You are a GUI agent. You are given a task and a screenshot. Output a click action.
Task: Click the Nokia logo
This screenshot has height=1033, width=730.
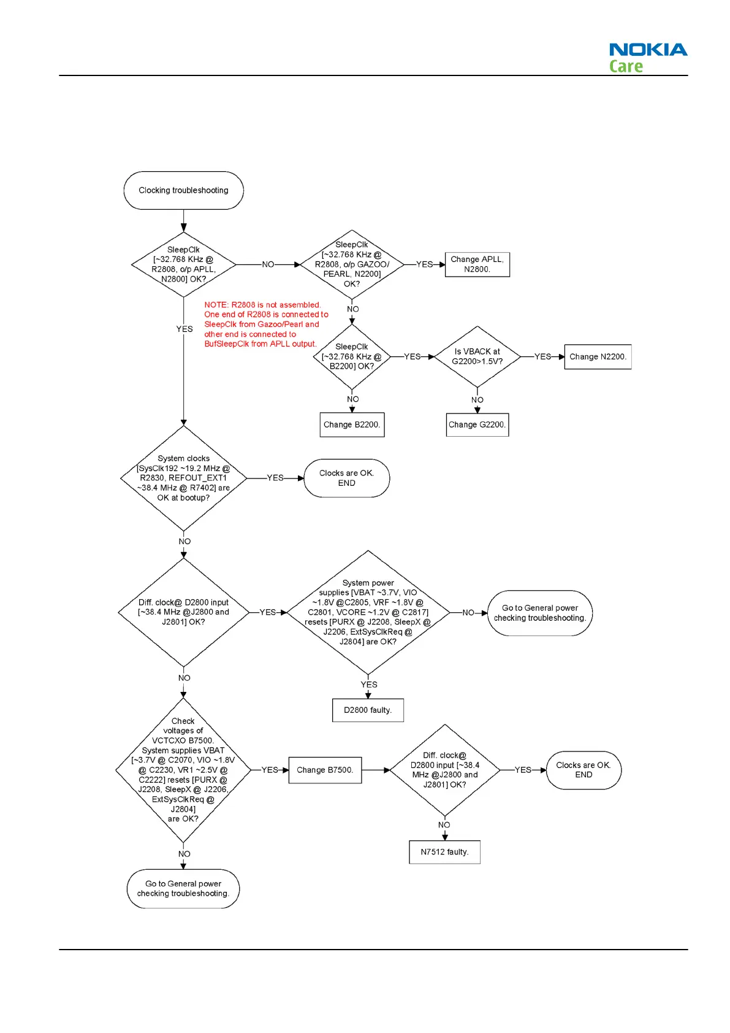pyautogui.click(x=648, y=50)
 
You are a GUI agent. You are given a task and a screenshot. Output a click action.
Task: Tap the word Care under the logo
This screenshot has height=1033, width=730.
pyautogui.click(x=626, y=66)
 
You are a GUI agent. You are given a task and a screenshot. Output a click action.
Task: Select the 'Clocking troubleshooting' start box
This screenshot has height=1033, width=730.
pyautogui.click(x=183, y=190)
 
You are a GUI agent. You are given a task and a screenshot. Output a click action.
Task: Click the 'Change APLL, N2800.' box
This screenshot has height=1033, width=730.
pyautogui.click(x=477, y=264)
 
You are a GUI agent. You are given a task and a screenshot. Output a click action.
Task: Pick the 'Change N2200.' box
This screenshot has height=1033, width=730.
pyautogui.click(x=598, y=356)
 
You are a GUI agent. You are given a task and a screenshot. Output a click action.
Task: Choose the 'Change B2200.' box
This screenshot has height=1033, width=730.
pyautogui.click(x=352, y=424)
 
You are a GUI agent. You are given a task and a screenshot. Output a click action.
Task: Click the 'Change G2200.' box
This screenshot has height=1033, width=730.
pyautogui.click(x=477, y=424)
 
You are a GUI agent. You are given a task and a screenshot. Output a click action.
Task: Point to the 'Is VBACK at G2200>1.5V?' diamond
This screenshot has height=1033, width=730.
pyautogui.click(x=477, y=356)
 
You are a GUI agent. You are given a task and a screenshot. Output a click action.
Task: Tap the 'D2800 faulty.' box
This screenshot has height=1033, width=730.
pyautogui.click(x=368, y=710)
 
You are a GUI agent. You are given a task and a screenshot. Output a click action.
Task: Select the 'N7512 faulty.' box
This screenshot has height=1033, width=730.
pyautogui.click(x=444, y=851)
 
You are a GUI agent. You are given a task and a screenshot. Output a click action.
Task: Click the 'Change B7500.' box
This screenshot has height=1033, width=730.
pyautogui.click(x=325, y=770)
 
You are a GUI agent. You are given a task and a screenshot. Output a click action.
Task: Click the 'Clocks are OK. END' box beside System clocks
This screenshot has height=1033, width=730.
pyautogui.click(x=346, y=478)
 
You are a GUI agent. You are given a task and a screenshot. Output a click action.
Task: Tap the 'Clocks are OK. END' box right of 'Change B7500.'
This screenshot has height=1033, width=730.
pyautogui.click(x=584, y=770)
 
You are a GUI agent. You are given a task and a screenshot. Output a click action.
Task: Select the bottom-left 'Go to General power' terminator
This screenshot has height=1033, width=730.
pyautogui.click(x=183, y=888)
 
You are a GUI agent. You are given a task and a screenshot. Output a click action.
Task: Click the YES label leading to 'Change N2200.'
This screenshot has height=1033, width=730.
pyautogui.click(x=542, y=356)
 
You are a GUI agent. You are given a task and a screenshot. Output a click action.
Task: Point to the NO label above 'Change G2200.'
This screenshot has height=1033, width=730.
pyautogui.click(x=477, y=400)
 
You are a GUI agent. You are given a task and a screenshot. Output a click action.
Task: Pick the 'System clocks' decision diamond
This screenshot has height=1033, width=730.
pyautogui.click(x=183, y=478)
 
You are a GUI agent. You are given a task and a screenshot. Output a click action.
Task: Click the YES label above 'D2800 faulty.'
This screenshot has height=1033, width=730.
pyautogui.click(x=369, y=685)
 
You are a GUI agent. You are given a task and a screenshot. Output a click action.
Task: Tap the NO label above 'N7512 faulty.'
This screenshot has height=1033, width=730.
pyautogui.click(x=444, y=825)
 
